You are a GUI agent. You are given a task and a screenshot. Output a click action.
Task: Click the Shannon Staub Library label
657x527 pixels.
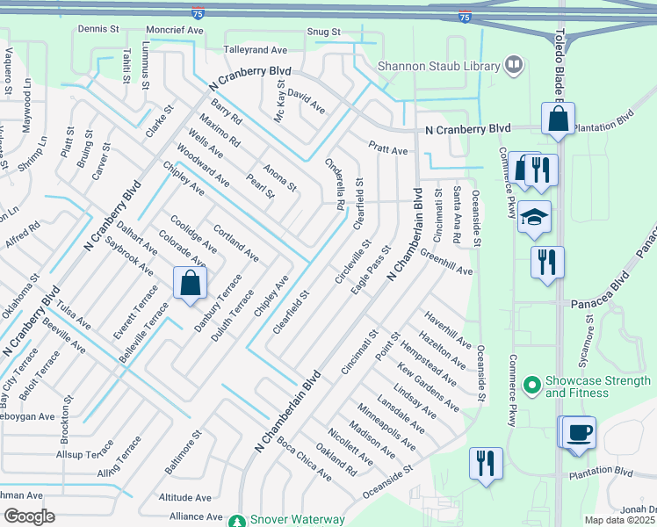pos(437,66)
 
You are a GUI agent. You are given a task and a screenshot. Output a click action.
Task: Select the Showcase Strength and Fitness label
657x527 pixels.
pos(598,386)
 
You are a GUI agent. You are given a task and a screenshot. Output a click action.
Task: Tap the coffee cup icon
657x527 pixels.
pos(580,433)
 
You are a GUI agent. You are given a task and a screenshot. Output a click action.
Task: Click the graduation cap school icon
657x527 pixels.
pos(533,217)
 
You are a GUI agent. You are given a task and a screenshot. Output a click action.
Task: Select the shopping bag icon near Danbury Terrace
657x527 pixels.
pos(191,284)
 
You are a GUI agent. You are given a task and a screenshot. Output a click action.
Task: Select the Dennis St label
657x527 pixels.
pos(97,29)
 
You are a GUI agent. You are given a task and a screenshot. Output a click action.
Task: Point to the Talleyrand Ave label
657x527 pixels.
pos(256,51)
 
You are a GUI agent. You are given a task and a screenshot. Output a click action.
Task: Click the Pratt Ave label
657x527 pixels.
pos(387,151)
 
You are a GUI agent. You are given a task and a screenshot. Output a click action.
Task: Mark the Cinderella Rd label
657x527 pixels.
pos(335,183)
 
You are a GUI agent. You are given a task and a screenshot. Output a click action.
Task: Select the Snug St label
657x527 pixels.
pos(322,32)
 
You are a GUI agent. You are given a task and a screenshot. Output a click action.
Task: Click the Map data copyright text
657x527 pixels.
pos(620,520)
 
